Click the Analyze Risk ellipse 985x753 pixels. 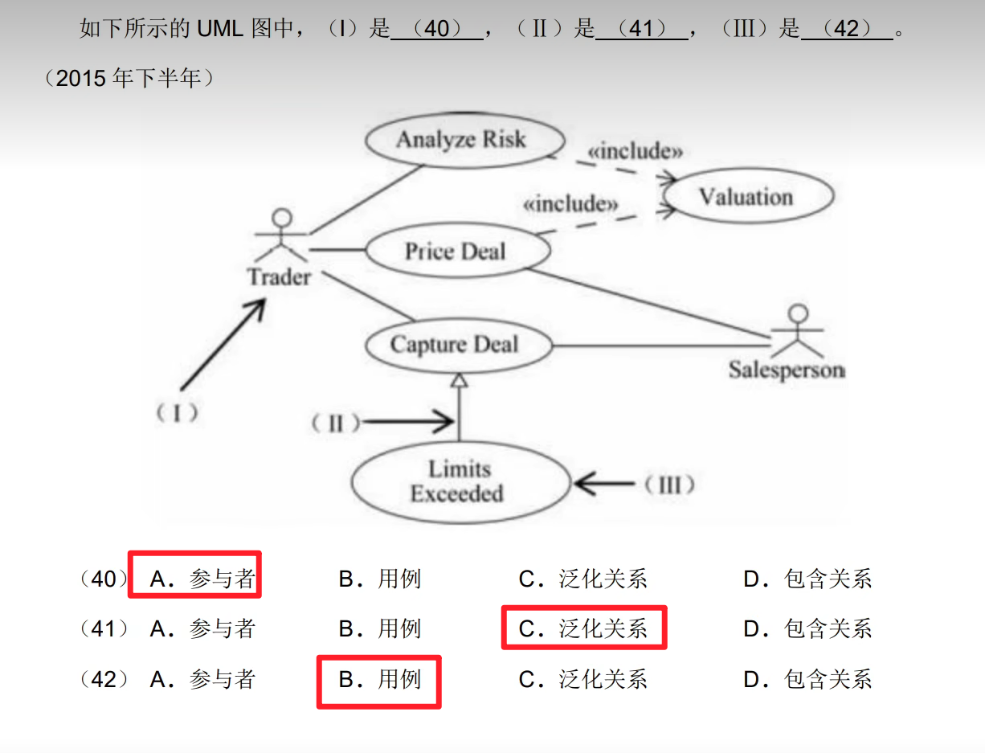coord(460,140)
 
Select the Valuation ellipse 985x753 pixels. coord(745,197)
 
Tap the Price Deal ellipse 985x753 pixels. coord(456,252)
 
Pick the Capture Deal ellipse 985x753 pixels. coord(455,346)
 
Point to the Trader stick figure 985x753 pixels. coord(281,237)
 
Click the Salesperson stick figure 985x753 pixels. coord(796,333)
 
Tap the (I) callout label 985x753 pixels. coord(177,413)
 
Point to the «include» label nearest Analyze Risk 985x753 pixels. coord(635,150)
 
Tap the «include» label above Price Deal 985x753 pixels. coord(570,204)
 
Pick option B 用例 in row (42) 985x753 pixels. coord(380,680)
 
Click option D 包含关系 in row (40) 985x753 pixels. coord(807,579)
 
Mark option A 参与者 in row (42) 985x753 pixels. coord(202,680)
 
